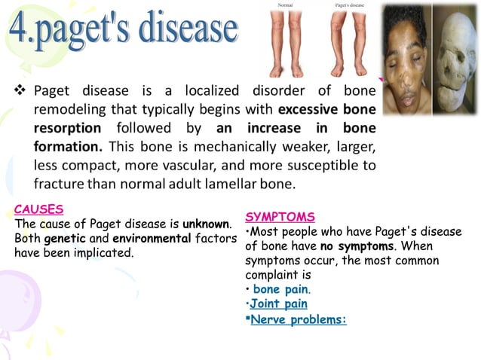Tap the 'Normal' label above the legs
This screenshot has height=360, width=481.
pyautogui.click(x=286, y=5)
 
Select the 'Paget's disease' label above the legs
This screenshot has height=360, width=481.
pyautogui.click(x=348, y=5)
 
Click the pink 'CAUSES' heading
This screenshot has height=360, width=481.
pyautogui.click(x=38, y=209)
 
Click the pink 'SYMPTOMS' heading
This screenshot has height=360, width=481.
pyautogui.click(x=280, y=217)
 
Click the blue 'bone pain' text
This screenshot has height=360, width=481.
pyautogui.click(x=280, y=289)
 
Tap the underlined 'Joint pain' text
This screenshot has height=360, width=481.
pyautogui.click(x=280, y=304)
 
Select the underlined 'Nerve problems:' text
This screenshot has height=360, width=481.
pyautogui.click(x=298, y=319)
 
